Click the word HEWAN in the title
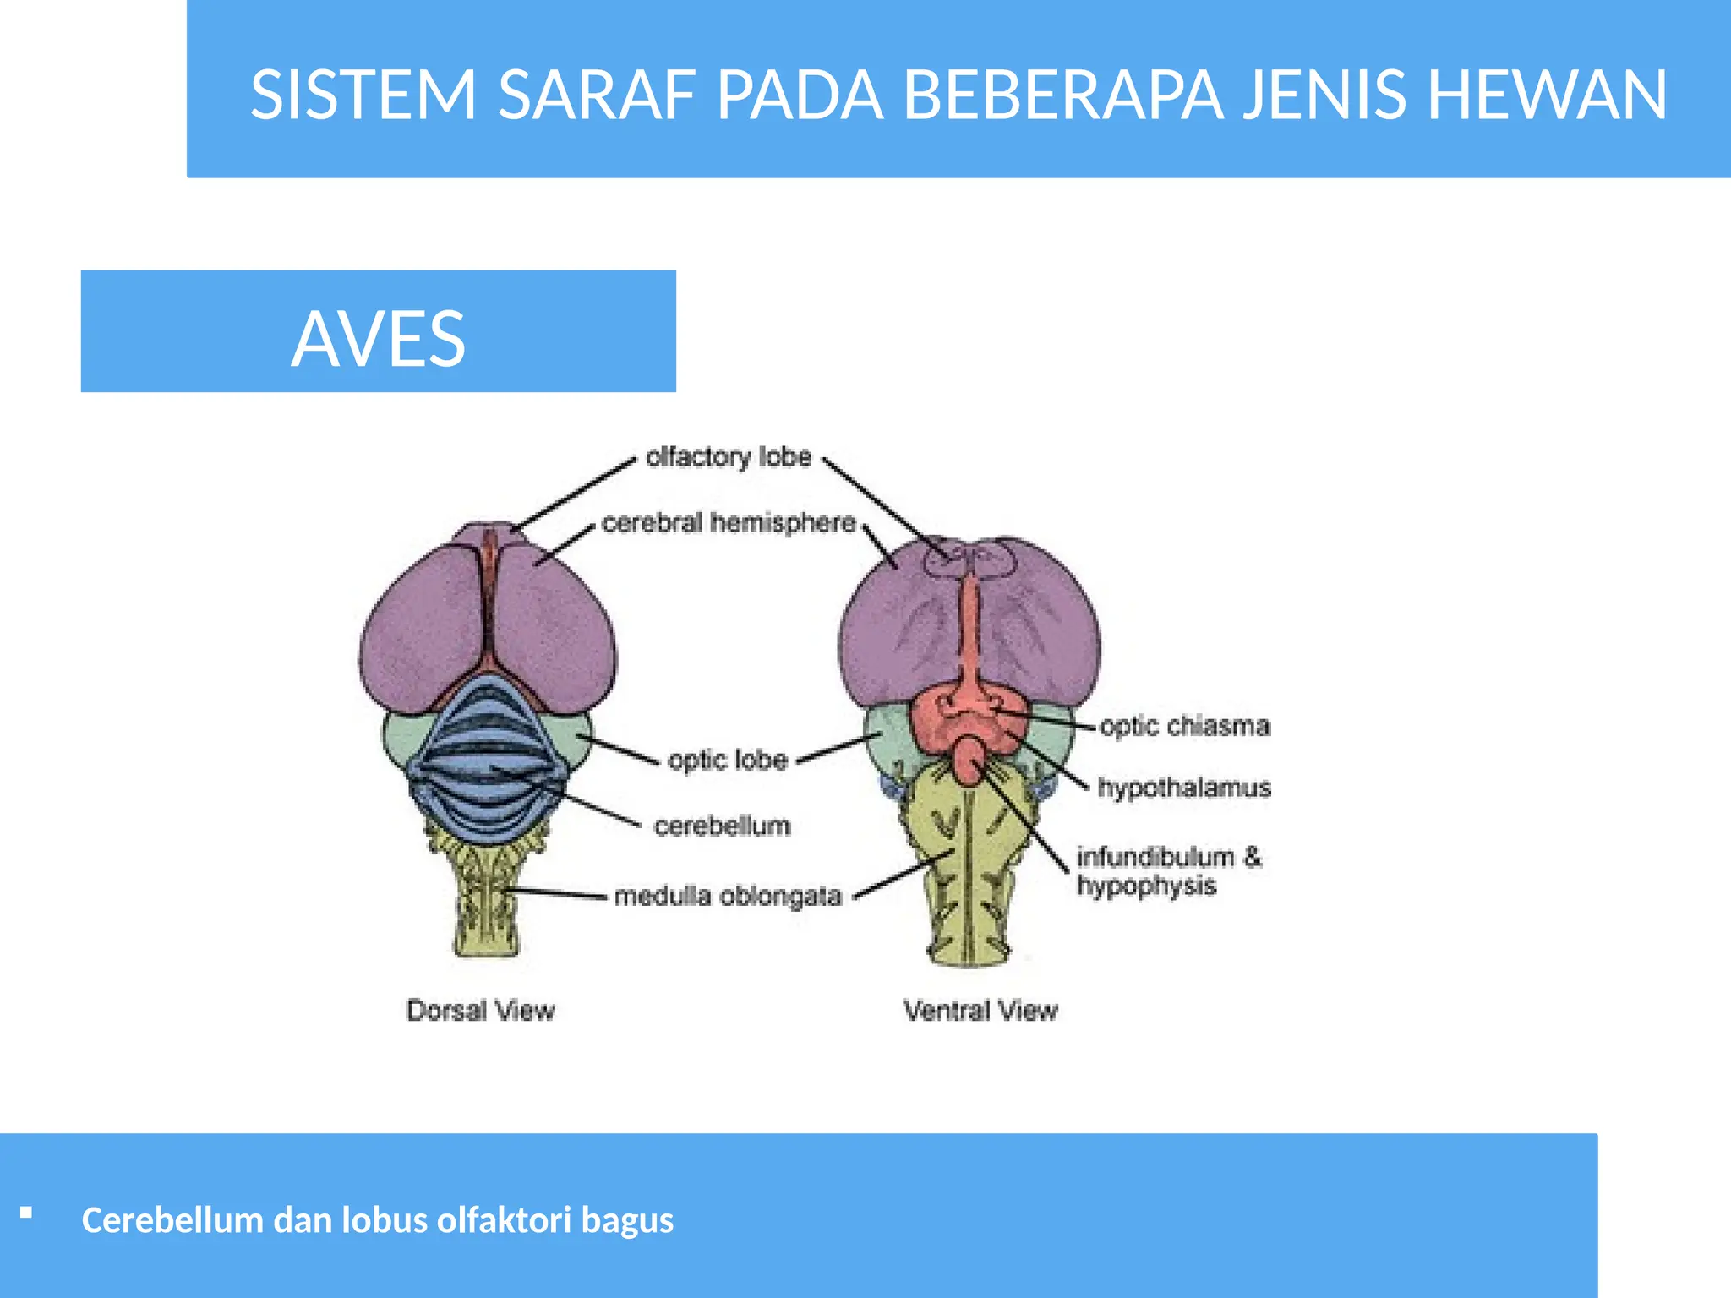pos(1547,95)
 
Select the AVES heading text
pos(378,338)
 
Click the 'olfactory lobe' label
pos(729,457)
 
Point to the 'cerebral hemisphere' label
pos(729,523)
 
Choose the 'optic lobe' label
pos(728,760)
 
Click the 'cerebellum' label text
pos(722,826)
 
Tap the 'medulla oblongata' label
pos(728,896)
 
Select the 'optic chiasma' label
pos(1185,726)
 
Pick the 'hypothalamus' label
pos(1184,788)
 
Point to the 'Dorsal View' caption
pos(480,1011)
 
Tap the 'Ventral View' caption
pos(980,1011)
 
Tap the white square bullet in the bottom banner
pos(26,1213)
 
